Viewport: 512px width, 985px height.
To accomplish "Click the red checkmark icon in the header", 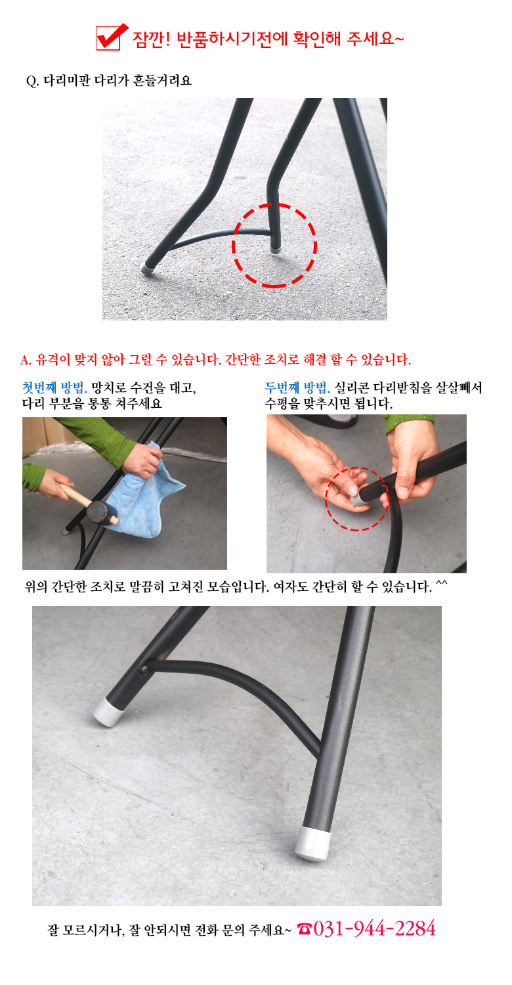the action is pos(112,37).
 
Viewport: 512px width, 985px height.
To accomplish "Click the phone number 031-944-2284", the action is pos(374,929).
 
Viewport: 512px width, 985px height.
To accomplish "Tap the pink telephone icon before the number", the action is pos(304,929).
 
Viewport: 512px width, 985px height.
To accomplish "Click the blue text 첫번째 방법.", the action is pos(54,387).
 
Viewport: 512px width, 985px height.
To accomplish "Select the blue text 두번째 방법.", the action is pos(297,387).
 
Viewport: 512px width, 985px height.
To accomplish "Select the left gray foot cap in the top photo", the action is pos(147,268).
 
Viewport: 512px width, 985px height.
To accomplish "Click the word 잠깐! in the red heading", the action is pos(151,39).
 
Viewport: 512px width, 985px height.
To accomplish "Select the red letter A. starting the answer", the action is pos(26,360).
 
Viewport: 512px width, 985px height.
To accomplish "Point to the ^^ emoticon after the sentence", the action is pos(441,584).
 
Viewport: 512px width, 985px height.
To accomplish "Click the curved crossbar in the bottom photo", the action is pos(246,682).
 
